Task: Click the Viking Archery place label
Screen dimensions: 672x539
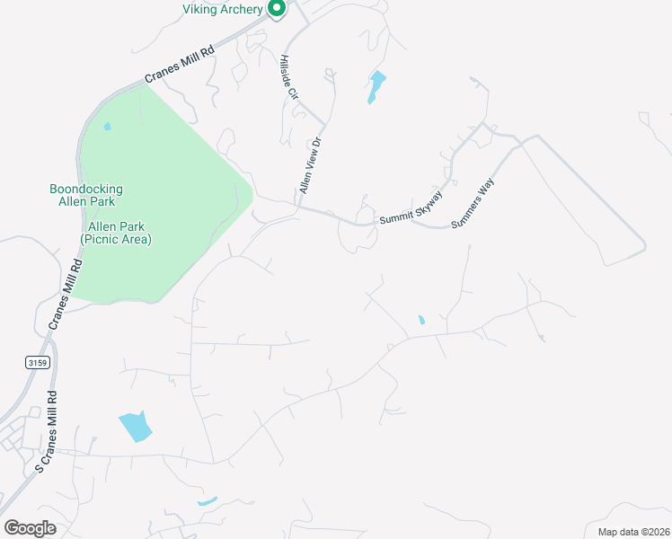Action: pyautogui.click(x=223, y=9)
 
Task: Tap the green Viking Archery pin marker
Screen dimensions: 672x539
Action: pyautogui.click(x=277, y=9)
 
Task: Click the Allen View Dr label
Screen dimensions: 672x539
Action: pyautogui.click(x=310, y=165)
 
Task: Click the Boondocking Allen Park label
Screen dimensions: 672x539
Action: pyautogui.click(x=85, y=195)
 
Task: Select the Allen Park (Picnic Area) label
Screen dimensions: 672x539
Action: pyautogui.click(x=116, y=234)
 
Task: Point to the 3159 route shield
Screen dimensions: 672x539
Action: pyautogui.click(x=36, y=361)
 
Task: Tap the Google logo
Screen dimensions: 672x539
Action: pyautogui.click(x=31, y=528)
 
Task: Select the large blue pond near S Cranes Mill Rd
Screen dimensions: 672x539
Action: pyautogui.click(x=135, y=427)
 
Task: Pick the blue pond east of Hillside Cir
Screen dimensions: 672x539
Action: pyautogui.click(x=376, y=87)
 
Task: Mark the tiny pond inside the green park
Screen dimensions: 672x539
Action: pyautogui.click(x=108, y=127)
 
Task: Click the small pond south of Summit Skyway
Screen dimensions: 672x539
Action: pyautogui.click(x=421, y=320)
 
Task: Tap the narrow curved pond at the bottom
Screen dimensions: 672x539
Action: pyautogui.click(x=207, y=500)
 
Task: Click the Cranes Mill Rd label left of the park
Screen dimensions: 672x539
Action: pyautogui.click(x=65, y=293)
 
